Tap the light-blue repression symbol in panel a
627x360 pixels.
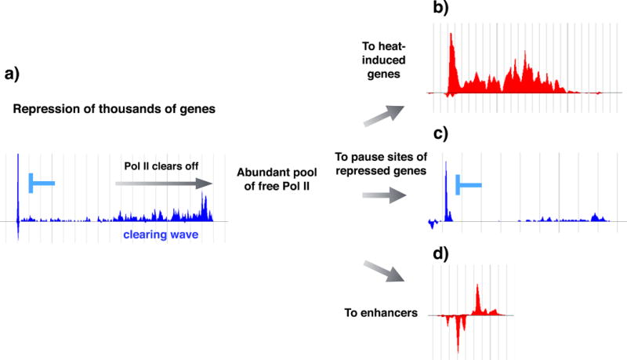[39, 183]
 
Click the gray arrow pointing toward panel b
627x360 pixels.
[378, 116]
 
